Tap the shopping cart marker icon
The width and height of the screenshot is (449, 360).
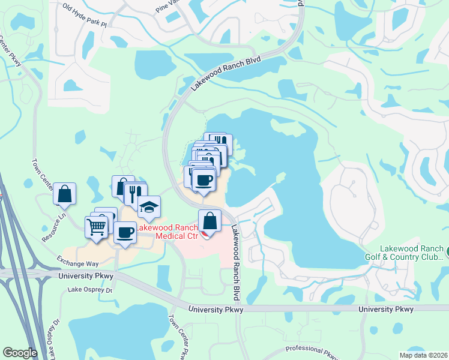tap(97, 226)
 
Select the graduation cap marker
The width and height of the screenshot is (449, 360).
tap(148, 207)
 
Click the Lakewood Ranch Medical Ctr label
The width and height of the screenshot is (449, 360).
tap(167, 232)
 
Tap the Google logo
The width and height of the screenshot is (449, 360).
tap(20, 353)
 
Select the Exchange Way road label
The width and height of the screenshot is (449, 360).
tap(77, 262)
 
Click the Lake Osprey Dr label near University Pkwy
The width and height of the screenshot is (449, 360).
tap(90, 290)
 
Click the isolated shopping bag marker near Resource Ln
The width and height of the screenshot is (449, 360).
tap(65, 194)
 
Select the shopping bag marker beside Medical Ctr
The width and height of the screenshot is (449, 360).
tap(209, 221)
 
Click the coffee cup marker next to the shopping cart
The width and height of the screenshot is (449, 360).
tap(125, 232)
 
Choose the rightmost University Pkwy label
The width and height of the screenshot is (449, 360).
tap(386, 309)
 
